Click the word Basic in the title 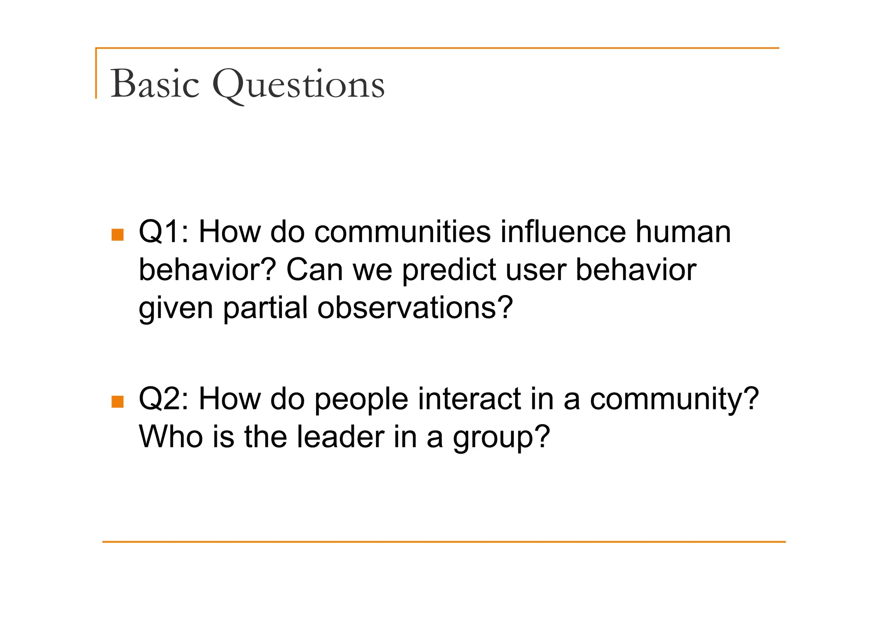(155, 84)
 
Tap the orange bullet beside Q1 (118, 235)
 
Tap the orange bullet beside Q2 (118, 402)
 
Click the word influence (563, 232)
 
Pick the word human (683, 232)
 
